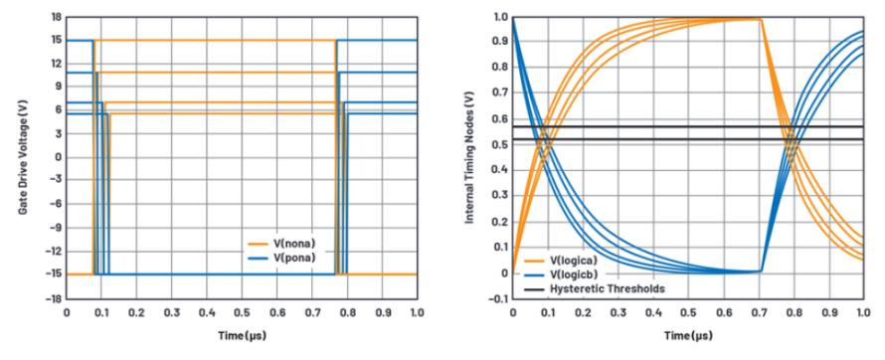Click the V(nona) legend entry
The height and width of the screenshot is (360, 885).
click(281, 244)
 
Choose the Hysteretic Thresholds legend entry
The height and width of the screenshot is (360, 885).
click(595, 288)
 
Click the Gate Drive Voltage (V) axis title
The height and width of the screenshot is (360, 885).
click(23, 157)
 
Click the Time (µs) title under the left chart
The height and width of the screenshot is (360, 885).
click(242, 336)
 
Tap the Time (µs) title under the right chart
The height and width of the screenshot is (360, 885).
click(687, 336)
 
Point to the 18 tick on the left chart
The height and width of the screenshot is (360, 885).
click(56, 17)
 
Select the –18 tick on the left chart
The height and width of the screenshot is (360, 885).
click(53, 298)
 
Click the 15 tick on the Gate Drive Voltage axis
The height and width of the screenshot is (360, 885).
click(56, 40)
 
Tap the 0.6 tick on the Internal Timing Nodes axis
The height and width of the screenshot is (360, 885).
click(499, 119)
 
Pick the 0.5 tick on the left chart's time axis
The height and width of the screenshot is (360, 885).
click(242, 312)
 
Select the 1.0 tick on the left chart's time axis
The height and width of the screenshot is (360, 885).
click(417, 312)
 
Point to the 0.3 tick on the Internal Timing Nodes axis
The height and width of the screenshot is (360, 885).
click(499, 196)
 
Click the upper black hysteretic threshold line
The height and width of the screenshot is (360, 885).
click(688, 126)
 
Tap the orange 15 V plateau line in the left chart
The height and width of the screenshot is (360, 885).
click(215, 40)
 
